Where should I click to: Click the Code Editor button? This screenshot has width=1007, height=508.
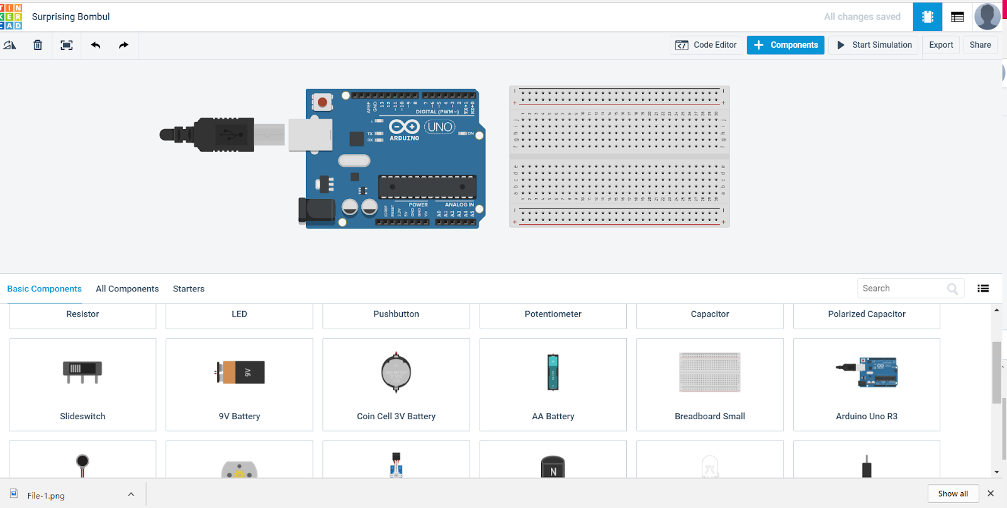point(706,45)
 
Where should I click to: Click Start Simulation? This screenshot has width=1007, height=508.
point(874,45)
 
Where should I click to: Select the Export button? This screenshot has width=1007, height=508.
point(941,45)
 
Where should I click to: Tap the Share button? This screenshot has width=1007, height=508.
point(980,45)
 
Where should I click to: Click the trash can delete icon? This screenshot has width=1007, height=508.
point(38,45)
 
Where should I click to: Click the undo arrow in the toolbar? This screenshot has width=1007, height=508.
point(96,45)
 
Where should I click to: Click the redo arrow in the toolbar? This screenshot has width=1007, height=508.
point(123,45)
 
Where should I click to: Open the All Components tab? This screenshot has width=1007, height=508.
point(127,289)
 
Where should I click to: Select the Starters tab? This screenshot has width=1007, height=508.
point(189,289)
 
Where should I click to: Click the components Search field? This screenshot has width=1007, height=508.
point(903,288)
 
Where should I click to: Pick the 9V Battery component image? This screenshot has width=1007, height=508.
point(240,373)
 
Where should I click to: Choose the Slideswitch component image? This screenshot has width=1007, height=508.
point(82,371)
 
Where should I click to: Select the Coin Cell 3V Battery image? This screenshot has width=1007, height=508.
point(396,373)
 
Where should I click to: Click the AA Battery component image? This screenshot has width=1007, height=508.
point(553,373)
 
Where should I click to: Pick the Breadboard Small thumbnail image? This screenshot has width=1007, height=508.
point(709,373)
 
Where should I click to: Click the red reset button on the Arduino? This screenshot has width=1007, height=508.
point(322,102)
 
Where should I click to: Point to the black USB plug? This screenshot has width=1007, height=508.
point(223,134)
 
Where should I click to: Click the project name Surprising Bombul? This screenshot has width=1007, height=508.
point(70,17)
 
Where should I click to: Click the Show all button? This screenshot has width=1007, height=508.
point(953,494)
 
